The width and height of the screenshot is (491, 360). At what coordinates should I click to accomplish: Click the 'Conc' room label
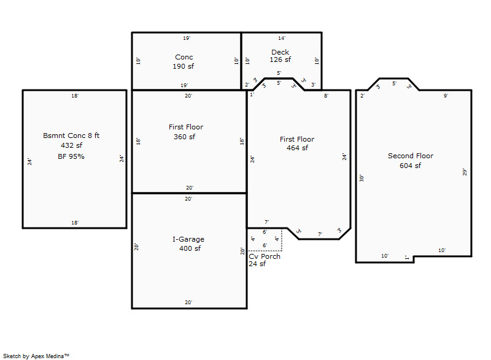pyautogui.click(x=184, y=57)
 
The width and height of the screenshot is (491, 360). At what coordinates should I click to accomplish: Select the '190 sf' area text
pyautogui.click(x=184, y=66)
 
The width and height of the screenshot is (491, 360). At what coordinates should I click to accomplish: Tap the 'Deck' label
pyautogui.click(x=280, y=52)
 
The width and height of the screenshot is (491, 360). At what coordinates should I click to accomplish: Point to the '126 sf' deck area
pyautogui.click(x=280, y=60)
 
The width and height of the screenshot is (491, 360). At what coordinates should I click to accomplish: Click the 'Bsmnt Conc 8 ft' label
pyautogui.click(x=71, y=136)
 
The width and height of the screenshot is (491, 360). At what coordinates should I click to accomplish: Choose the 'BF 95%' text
pyautogui.click(x=71, y=156)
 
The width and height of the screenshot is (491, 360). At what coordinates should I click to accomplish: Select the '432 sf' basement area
pyautogui.click(x=71, y=145)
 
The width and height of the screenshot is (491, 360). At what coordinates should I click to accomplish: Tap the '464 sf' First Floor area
pyautogui.click(x=297, y=148)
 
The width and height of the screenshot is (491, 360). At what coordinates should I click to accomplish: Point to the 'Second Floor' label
pyautogui.click(x=411, y=156)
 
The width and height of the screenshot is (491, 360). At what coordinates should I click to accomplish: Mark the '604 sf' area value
pyautogui.click(x=410, y=166)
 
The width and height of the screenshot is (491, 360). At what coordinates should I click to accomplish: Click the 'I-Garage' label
pyautogui.click(x=188, y=239)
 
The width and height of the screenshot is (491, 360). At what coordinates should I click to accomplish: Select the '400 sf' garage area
pyautogui.click(x=190, y=248)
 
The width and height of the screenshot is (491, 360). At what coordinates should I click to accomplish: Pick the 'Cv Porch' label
pyautogui.click(x=265, y=256)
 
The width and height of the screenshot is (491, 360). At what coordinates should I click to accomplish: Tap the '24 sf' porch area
pyautogui.click(x=257, y=264)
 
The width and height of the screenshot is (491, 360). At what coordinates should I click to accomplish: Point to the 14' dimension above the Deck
pyautogui.click(x=282, y=38)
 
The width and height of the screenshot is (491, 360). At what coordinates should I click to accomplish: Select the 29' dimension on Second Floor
pyautogui.click(x=465, y=172)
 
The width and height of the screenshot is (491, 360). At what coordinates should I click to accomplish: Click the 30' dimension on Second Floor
pyautogui.click(x=362, y=178)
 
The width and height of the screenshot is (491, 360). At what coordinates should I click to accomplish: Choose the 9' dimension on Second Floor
pyautogui.click(x=446, y=96)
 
